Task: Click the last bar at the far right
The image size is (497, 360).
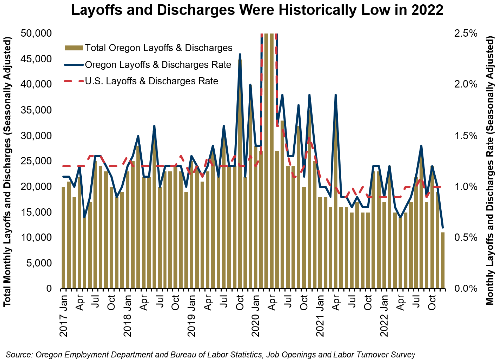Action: tap(442, 260)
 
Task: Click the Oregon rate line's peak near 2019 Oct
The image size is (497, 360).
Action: tap(240, 54)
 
